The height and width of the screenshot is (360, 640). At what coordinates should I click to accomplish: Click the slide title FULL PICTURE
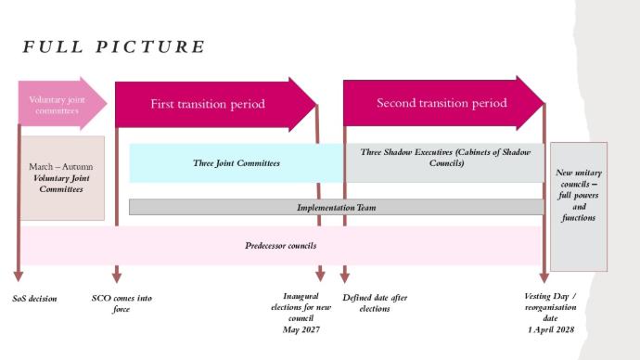114,46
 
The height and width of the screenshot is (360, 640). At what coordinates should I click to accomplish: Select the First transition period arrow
216,105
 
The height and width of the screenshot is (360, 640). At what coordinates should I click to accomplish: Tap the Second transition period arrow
443,103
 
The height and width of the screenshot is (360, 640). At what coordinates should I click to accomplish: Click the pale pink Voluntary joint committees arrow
62,104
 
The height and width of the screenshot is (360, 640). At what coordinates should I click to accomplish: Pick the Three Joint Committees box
237,163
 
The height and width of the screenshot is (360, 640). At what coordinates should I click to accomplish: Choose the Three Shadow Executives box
445,163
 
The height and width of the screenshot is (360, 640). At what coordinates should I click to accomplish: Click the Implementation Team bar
337,207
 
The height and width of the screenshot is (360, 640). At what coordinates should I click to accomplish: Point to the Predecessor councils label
280,246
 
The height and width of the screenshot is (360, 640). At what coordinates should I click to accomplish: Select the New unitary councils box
579,207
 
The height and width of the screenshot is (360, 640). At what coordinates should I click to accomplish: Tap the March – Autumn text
61,166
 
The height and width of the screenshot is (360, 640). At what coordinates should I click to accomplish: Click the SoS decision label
34,299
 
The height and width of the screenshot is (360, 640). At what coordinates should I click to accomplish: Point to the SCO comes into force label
122,303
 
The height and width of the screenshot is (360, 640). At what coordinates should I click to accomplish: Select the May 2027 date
301,329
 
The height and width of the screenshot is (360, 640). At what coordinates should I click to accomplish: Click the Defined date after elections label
375,302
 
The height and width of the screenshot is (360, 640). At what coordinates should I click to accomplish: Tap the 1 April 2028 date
551,329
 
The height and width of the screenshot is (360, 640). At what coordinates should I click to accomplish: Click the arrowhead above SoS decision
19,276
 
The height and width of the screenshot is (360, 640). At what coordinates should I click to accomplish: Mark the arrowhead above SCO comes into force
117,277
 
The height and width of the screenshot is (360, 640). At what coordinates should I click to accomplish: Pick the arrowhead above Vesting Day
544,277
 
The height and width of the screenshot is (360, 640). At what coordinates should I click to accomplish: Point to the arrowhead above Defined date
345,277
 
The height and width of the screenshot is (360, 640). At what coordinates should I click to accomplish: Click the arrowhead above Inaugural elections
320,276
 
